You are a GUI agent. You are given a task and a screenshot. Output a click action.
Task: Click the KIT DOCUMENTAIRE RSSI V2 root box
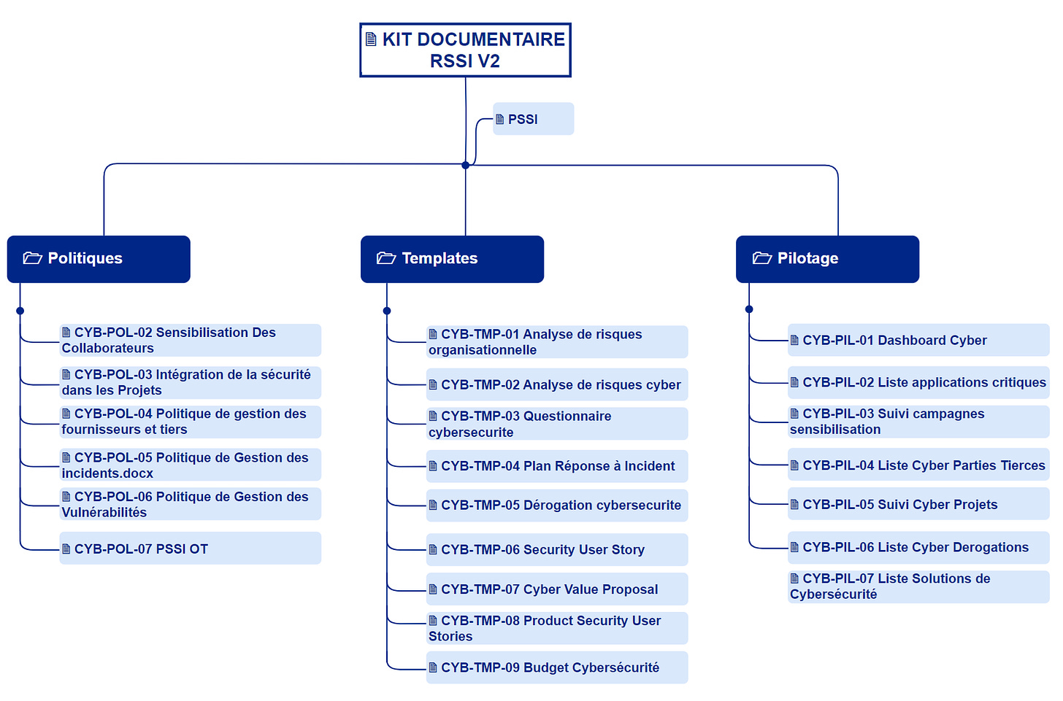pos(465,50)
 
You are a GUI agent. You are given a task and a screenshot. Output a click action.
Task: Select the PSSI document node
pos(533,119)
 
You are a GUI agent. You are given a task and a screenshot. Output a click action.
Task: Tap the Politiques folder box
pos(99,259)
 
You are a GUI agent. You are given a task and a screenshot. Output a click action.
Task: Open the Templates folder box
pos(452,259)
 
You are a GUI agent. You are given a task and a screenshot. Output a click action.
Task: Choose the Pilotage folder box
pos(827,259)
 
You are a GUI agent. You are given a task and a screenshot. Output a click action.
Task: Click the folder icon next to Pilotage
pos(762,258)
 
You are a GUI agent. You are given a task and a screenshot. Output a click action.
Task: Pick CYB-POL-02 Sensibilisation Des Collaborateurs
pos(190,340)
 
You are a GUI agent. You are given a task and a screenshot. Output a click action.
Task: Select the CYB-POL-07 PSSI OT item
pos(190,549)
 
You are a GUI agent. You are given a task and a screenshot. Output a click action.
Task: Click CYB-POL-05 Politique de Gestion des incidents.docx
pos(190,465)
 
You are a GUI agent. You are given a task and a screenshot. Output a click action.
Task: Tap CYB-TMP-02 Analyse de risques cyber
pos(556,385)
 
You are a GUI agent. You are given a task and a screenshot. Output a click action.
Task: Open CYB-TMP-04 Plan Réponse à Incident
pos(556,466)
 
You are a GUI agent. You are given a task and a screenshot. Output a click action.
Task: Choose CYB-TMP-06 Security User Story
pos(556,550)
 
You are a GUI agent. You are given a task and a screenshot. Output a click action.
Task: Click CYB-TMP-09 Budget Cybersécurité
pos(556,667)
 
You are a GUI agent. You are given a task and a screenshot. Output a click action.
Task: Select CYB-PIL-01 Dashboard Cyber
pos(918,341)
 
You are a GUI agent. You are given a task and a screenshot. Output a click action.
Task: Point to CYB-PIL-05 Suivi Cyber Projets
pos(918,505)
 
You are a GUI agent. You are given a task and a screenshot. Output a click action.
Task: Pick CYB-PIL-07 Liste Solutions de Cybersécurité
pos(918,586)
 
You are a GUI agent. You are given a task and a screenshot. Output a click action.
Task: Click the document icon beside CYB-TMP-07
pos(433,589)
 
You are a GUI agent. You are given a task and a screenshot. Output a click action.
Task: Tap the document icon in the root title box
pos(371,39)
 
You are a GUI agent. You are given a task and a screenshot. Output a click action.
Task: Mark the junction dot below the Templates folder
pos(387,311)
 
